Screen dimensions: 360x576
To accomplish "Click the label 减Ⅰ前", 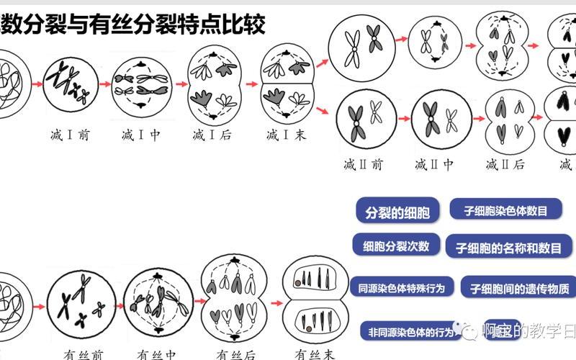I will [x=70, y=135].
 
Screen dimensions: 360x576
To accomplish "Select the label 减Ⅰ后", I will [x=211, y=135].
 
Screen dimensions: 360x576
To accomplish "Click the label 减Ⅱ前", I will [x=363, y=164].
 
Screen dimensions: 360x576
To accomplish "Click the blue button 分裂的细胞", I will [x=397, y=212].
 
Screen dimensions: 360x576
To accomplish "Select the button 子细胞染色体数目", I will [x=505, y=210].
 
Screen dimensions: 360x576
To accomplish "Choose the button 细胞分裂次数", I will [x=396, y=246].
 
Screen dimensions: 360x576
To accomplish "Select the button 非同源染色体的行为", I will [x=410, y=332].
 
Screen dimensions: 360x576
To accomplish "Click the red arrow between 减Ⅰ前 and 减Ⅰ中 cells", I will [x=105, y=84].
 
